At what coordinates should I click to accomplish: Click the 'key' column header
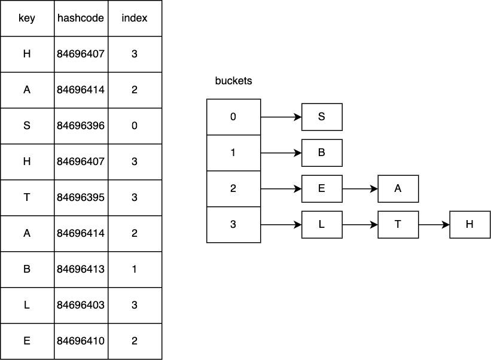pyautogui.click(x=27, y=18)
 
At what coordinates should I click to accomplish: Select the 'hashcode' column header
pyautogui.click(x=81, y=18)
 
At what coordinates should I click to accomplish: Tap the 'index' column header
pyautogui.click(x=135, y=18)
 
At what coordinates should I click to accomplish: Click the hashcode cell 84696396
pyautogui.click(x=81, y=126)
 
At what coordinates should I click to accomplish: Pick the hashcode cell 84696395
pyautogui.click(x=81, y=197)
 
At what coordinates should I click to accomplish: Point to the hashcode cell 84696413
pyautogui.click(x=81, y=269)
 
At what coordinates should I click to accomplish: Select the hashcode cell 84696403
pyautogui.click(x=81, y=305)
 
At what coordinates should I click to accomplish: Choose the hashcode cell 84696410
pyautogui.click(x=81, y=341)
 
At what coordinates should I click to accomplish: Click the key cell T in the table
pyautogui.click(x=27, y=197)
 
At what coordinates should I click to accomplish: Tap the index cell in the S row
pyautogui.click(x=135, y=126)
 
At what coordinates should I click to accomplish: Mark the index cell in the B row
pyautogui.click(x=135, y=269)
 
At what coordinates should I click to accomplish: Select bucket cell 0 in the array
pyautogui.click(x=233, y=117)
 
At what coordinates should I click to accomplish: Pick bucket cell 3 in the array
pyautogui.click(x=233, y=224)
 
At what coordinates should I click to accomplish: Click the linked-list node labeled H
pyautogui.click(x=469, y=224)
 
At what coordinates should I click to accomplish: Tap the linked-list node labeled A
pyautogui.click(x=398, y=188)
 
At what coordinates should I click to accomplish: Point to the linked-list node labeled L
pyautogui.click(x=322, y=224)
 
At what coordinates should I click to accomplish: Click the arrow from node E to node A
pyautogui.click(x=359, y=189)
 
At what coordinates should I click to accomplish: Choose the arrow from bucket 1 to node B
pyautogui.click(x=281, y=153)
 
